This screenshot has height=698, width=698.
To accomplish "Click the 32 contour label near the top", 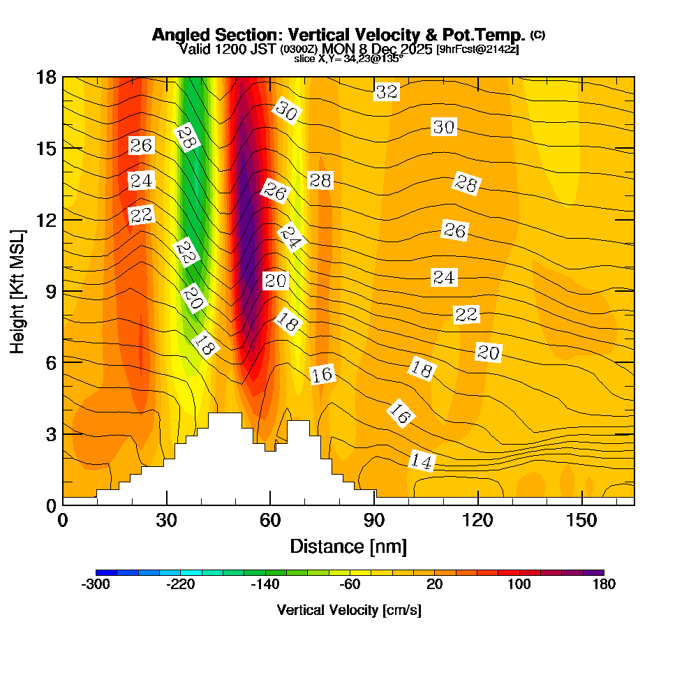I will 387,91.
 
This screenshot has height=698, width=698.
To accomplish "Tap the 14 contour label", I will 422,461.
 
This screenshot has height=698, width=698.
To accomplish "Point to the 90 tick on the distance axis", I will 374,520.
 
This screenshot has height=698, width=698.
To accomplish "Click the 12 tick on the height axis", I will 46,219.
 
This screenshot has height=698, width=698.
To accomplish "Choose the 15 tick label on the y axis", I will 46,148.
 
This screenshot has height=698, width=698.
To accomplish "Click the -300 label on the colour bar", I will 96,585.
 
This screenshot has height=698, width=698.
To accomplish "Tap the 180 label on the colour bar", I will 604,585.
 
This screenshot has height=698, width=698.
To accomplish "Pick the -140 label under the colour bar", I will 265,585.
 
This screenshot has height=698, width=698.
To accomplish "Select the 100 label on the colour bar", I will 519,585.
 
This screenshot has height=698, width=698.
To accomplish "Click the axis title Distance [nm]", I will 348,545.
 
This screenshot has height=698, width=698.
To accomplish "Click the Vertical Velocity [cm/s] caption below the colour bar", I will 349,610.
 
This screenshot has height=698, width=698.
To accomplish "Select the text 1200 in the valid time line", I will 228,49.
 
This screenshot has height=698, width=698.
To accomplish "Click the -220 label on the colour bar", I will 180,585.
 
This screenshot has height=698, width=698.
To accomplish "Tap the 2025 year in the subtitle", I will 413,49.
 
